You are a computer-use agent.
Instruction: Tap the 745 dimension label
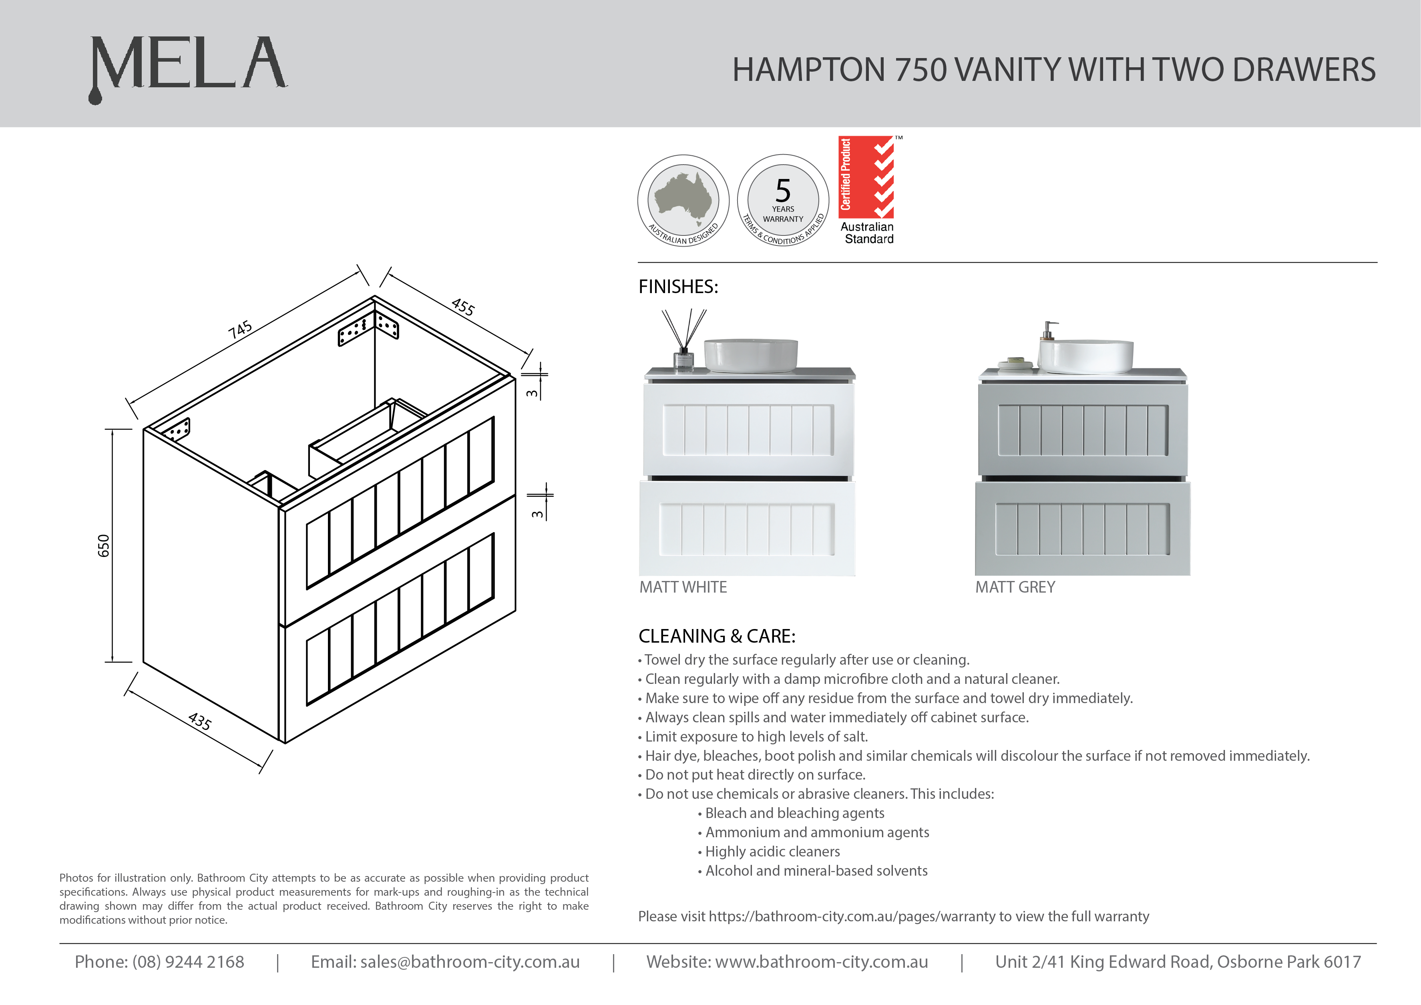[x=240, y=329]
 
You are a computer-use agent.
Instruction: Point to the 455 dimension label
[x=463, y=306]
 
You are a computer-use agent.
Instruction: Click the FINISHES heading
[x=678, y=287]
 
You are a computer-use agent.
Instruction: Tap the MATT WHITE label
[x=683, y=587]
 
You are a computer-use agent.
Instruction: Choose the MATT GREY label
[x=1015, y=587]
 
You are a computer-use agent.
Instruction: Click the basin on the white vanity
[x=751, y=356]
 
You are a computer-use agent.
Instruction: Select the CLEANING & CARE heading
[x=717, y=636]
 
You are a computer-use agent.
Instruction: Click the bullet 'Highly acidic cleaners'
[x=772, y=852]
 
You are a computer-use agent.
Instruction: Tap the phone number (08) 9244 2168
[x=188, y=962]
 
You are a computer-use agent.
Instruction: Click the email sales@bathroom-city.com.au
[x=470, y=962]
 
